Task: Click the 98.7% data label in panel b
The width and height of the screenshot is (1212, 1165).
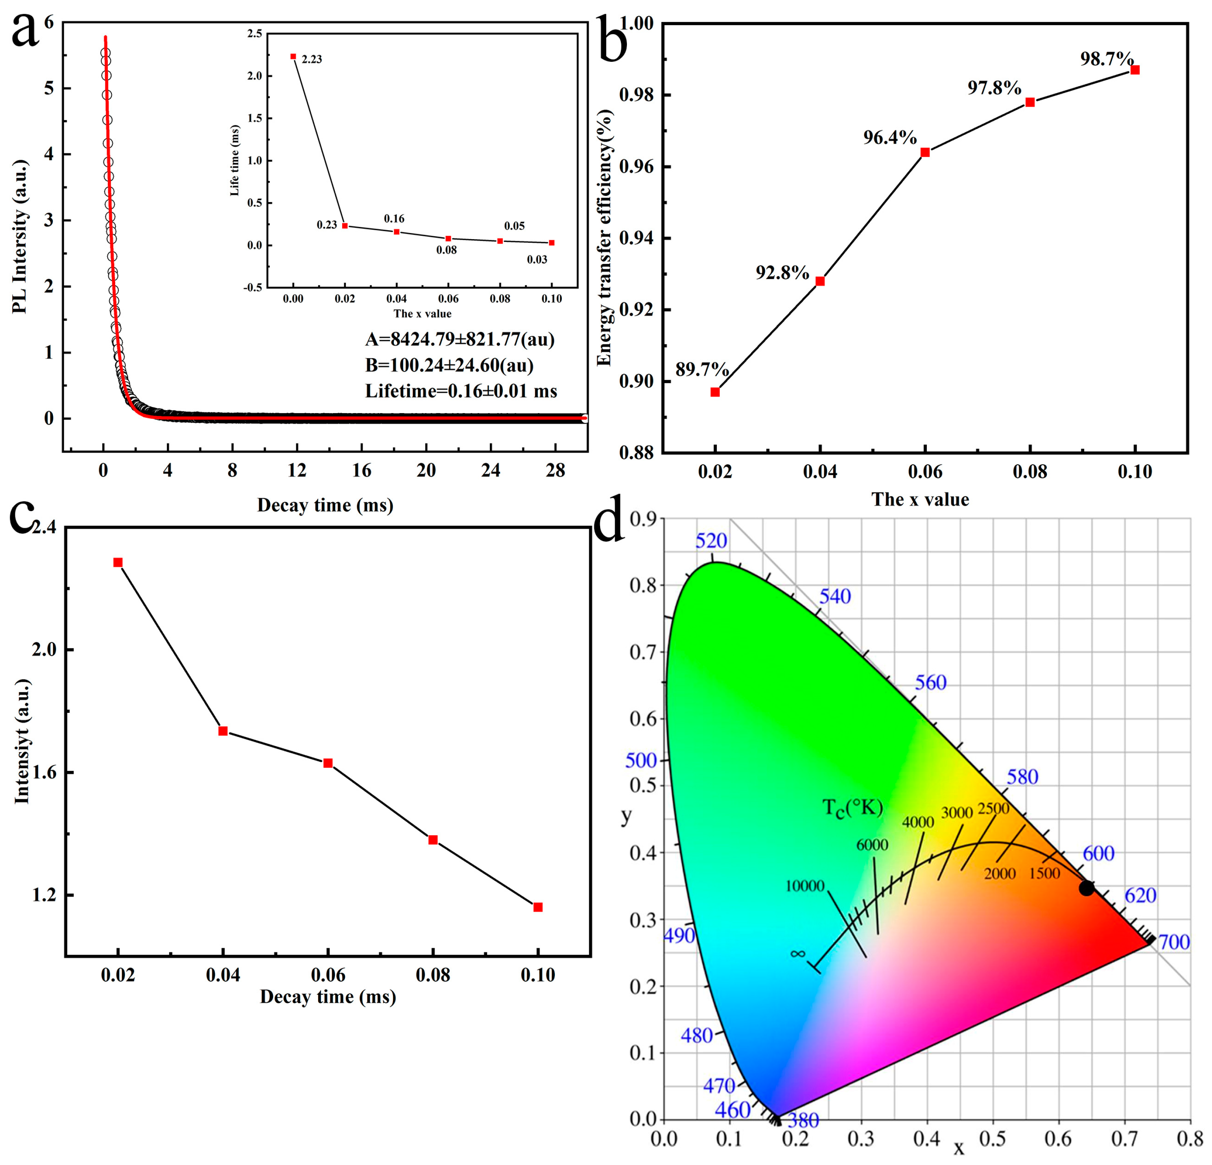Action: pos(1107,59)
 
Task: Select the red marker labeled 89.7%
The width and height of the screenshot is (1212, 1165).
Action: pos(715,392)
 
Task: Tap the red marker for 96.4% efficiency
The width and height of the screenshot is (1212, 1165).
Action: pos(925,152)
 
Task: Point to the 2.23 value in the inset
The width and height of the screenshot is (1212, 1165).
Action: pos(312,59)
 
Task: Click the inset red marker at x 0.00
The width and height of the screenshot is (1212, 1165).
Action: pos(293,56)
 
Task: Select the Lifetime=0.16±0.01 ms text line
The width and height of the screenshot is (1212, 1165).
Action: pos(461,391)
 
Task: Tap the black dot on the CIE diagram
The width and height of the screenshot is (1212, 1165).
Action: pos(1086,888)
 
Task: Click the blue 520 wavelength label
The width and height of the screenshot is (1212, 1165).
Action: pos(711,541)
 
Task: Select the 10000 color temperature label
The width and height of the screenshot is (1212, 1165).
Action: pos(804,886)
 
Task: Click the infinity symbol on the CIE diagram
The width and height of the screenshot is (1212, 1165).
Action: pos(798,954)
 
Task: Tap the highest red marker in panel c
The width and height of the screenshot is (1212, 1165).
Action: pos(118,562)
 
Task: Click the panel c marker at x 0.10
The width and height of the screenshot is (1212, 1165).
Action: pos(538,907)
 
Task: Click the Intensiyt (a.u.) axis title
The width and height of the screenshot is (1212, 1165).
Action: pos(22,742)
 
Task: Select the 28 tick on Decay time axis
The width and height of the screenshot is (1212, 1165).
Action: pos(555,471)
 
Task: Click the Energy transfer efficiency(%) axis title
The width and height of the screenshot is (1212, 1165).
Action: pos(605,238)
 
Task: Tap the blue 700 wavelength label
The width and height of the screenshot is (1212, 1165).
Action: pos(1174,942)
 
